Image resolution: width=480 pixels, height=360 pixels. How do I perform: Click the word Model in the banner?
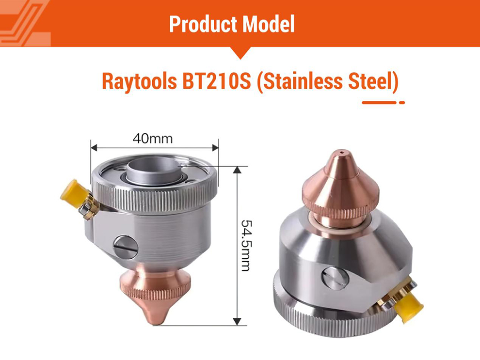(269, 24)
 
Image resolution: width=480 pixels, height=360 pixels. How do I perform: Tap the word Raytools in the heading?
(139, 81)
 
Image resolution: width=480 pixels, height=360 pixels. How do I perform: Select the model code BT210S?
(217, 81)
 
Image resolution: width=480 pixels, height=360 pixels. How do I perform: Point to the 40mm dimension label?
(153, 139)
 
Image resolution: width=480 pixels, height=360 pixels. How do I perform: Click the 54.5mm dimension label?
(245, 245)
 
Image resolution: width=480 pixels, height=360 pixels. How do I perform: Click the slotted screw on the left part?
(125, 247)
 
